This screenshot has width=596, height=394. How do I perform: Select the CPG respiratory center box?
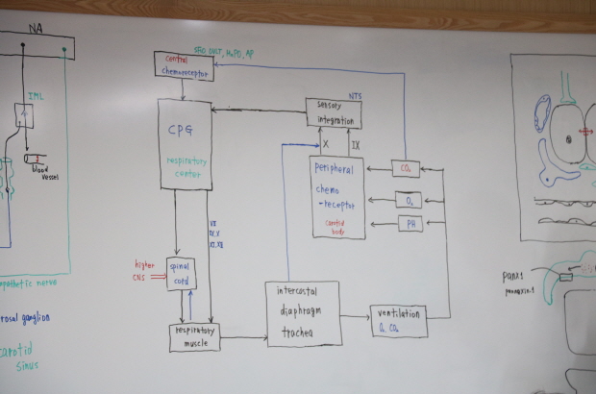click(x=185, y=144)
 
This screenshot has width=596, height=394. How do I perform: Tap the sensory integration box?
click(x=334, y=113)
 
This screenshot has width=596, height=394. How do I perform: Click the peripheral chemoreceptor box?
click(x=336, y=197)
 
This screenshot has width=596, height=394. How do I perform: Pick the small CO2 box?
click(x=408, y=169)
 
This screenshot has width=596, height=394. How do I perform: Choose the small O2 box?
click(x=409, y=200)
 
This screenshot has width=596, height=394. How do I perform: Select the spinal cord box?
click(x=181, y=273)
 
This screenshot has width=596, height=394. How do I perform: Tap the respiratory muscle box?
click(x=194, y=336)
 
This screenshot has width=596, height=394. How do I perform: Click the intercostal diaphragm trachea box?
click(x=303, y=313)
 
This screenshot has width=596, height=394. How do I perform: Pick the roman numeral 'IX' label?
click(x=356, y=146)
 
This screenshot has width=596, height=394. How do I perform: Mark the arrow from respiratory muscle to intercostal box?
click(x=243, y=337)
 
